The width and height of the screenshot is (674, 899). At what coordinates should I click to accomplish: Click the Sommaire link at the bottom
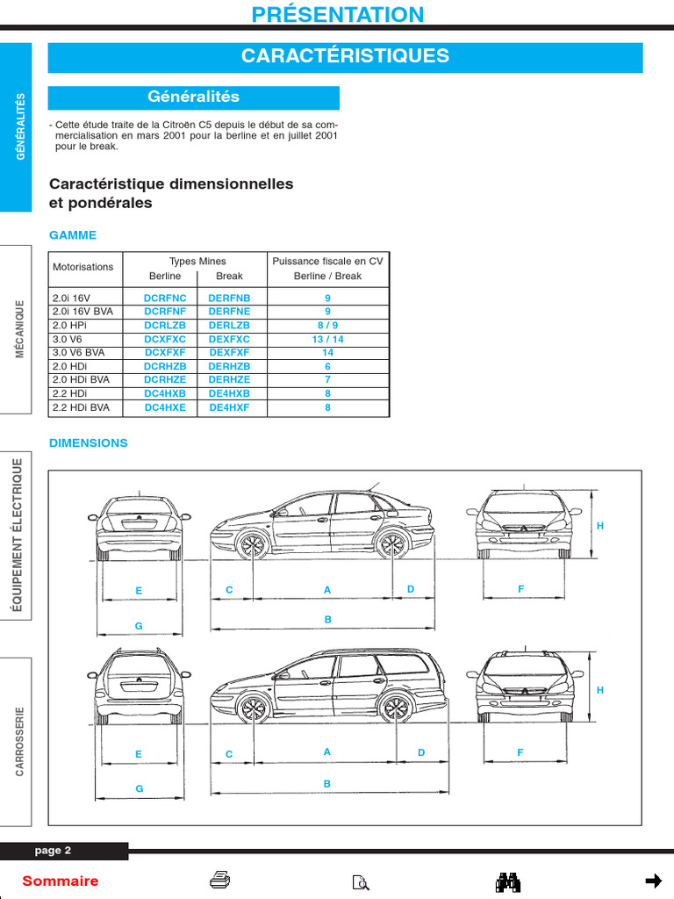pyautogui.click(x=61, y=881)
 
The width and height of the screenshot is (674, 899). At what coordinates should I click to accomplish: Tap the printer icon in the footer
pyautogui.click(x=220, y=881)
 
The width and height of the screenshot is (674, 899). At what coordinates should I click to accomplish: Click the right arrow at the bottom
pyautogui.click(x=652, y=881)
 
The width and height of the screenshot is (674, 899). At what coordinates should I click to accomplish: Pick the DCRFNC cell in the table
pyautogui.click(x=165, y=298)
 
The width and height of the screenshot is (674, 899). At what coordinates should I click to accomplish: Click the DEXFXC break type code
pyautogui.click(x=229, y=339)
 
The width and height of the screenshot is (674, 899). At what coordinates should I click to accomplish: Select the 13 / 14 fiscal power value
pyautogui.click(x=327, y=339)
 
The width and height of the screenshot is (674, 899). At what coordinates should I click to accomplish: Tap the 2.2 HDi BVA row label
pyautogui.click(x=81, y=407)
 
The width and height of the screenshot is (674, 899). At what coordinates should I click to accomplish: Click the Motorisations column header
pyautogui.click(x=83, y=267)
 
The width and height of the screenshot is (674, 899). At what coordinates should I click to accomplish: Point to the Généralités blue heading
pyautogui.click(x=193, y=97)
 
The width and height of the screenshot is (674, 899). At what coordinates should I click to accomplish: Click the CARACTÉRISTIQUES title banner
pyautogui.click(x=345, y=57)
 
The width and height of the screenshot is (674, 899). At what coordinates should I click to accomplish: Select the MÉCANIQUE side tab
pyautogui.click(x=19, y=328)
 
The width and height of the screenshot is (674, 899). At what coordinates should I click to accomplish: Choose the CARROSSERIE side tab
pyautogui.click(x=19, y=742)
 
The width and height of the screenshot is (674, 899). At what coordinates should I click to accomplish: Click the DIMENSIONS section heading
pyautogui.click(x=89, y=443)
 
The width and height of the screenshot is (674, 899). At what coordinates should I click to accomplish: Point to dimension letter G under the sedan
pyautogui.click(x=139, y=626)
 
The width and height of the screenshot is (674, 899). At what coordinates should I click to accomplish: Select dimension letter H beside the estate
pyautogui.click(x=600, y=690)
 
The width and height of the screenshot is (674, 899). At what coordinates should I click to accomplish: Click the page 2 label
pyautogui.click(x=53, y=851)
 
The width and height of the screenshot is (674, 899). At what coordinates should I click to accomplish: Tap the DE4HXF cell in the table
pyautogui.click(x=229, y=407)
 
